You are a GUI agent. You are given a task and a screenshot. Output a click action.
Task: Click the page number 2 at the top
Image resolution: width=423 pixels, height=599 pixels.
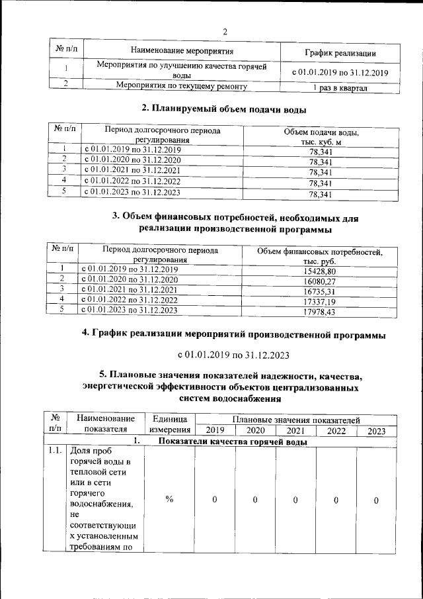point(225,32)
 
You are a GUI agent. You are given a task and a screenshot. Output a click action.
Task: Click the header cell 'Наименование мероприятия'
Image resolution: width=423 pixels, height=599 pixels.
point(181,50)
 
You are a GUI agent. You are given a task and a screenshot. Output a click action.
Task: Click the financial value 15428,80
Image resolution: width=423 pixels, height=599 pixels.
point(319,271)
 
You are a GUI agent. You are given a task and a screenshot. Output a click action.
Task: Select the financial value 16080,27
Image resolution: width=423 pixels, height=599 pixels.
point(319,281)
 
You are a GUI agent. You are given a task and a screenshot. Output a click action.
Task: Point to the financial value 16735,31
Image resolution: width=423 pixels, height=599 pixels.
point(319,291)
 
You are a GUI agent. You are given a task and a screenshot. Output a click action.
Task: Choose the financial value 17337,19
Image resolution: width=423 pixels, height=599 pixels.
point(319,301)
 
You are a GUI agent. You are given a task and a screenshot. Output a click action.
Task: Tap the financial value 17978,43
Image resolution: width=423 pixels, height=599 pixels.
point(319,311)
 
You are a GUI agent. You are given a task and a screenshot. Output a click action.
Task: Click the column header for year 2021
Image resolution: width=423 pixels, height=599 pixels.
point(295,431)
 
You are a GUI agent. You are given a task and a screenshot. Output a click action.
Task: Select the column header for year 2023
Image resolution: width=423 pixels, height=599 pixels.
point(375,431)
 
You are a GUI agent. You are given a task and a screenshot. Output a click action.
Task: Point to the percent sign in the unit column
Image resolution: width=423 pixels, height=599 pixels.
point(169,500)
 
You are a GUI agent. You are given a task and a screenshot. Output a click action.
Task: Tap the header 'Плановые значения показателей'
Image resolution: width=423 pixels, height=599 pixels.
point(295,420)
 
